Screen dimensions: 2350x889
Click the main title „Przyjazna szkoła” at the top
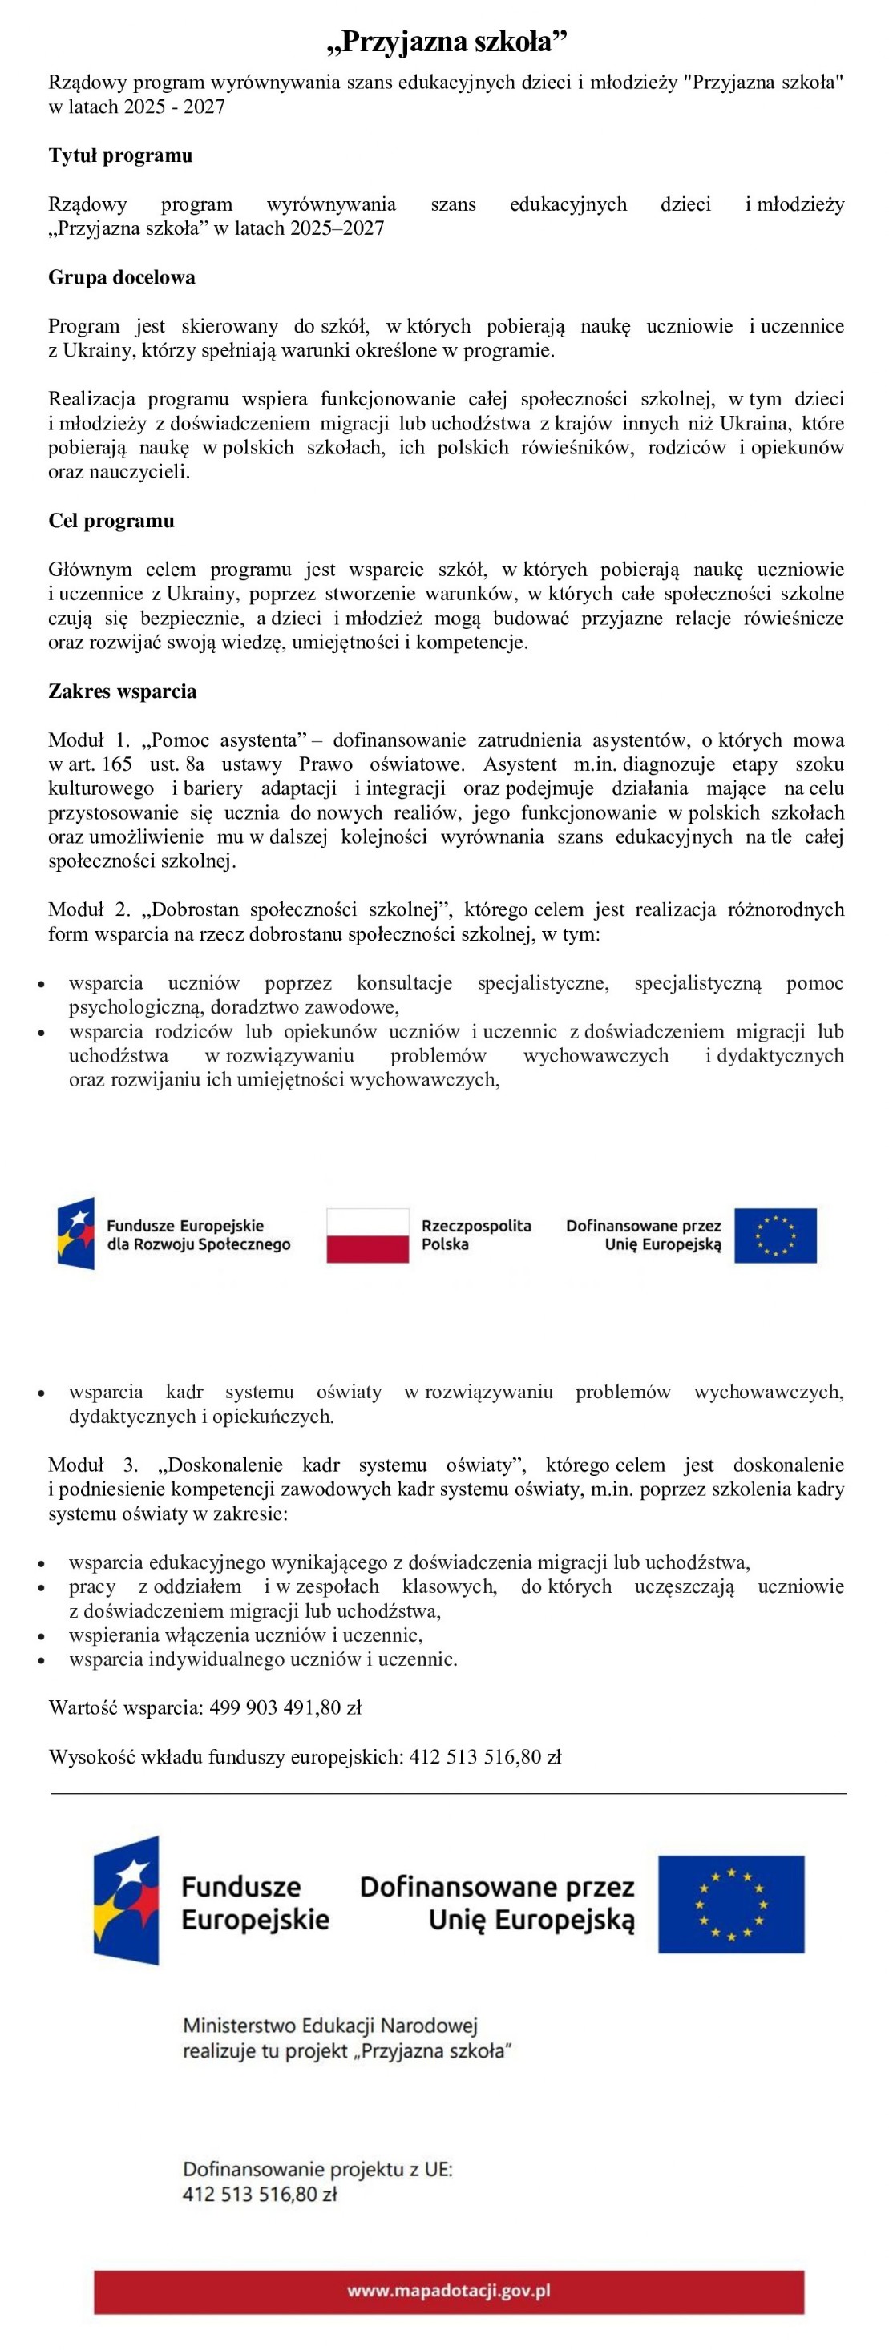[x=447, y=42]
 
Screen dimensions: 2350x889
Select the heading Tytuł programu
[x=120, y=155]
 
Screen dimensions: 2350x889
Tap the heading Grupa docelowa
[x=121, y=277]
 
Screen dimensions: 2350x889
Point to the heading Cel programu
[x=111, y=521]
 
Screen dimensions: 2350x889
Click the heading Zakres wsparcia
[x=123, y=691]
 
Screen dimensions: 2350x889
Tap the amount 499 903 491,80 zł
[x=285, y=1707]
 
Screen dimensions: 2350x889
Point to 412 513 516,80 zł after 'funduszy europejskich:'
[x=485, y=1757]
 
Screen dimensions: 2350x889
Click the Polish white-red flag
[x=368, y=1236]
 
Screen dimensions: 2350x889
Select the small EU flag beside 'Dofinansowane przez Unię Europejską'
[x=775, y=1236]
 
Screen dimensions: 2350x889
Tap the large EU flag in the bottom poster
[x=731, y=1904]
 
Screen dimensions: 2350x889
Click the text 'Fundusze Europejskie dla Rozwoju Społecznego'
[x=198, y=1235]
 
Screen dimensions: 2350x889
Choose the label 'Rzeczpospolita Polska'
[x=475, y=1235]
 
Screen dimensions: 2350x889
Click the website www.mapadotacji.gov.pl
[x=448, y=2290]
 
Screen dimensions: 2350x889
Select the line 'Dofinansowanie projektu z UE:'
[x=317, y=2170]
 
